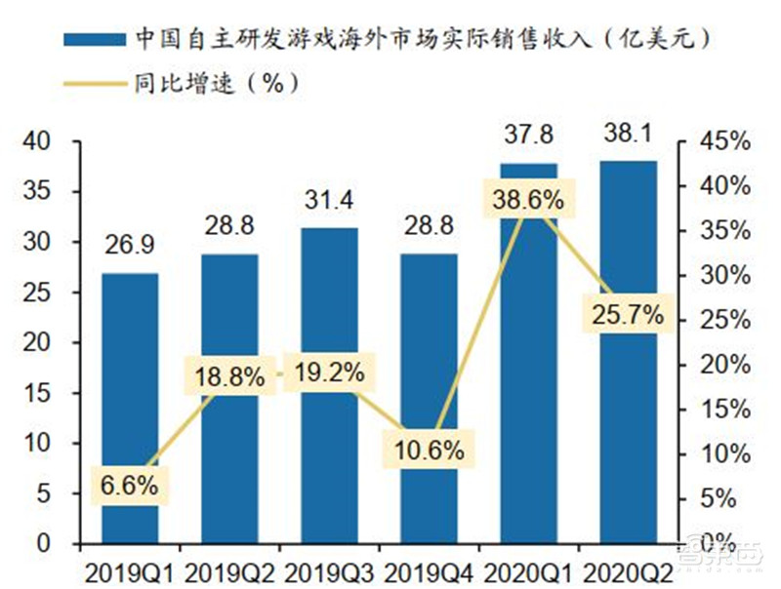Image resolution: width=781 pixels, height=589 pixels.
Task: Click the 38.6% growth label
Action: (527, 202)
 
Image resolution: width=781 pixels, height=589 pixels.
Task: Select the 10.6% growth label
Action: (430, 451)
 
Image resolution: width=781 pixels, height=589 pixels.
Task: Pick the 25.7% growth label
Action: (628, 314)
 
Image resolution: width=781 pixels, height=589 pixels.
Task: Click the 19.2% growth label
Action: (329, 373)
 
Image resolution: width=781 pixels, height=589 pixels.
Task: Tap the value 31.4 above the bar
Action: (329, 202)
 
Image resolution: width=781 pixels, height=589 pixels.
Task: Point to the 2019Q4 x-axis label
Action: (430, 569)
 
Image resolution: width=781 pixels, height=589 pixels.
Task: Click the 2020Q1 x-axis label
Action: (527, 569)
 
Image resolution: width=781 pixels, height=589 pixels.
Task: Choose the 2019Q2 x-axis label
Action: (229, 569)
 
